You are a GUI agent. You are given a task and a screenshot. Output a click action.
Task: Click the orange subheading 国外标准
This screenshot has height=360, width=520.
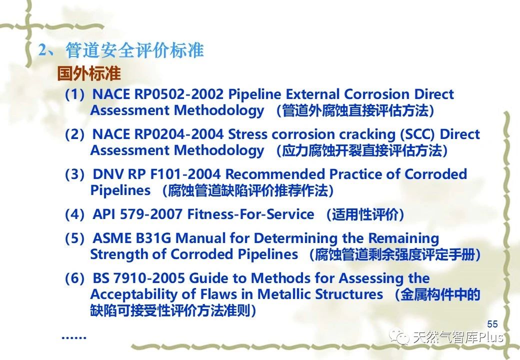click(88, 73)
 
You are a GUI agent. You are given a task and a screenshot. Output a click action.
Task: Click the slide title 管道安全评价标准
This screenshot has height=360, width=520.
click(134, 50)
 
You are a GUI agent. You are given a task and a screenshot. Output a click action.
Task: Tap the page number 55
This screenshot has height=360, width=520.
click(492, 324)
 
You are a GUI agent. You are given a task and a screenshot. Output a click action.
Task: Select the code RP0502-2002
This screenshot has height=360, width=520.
click(179, 94)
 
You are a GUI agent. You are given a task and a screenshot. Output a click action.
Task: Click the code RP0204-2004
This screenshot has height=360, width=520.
click(179, 134)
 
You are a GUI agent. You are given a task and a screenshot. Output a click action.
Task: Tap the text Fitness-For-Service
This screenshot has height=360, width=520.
click(250, 214)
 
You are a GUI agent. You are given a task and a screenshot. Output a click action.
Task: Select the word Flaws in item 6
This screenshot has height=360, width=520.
click(220, 294)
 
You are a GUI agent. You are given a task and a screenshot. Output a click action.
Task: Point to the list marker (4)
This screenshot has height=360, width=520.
click(74, 214)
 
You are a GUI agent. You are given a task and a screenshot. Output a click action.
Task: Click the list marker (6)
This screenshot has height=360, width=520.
click(74, 278)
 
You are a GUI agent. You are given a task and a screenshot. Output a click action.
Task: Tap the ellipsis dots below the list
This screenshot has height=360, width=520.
click(74, 337)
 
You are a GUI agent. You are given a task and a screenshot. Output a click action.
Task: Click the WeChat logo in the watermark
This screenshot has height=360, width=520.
click(399, 337)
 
